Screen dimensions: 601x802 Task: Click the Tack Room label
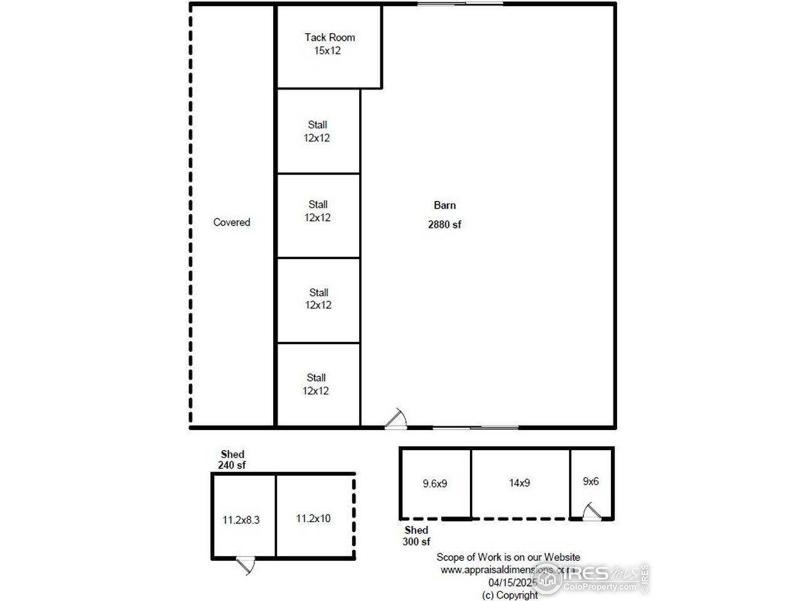[330, 38]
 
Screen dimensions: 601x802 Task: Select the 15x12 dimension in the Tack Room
[328, 51]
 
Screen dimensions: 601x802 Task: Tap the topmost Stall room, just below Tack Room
[318, 131]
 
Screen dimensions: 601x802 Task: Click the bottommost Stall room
[316, 384]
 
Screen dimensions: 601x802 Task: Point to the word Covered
[231, 222]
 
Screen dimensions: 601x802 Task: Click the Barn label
[445, 205]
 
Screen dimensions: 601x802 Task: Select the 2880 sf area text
[444, 225]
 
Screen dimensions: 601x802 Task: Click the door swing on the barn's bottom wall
[397, 419]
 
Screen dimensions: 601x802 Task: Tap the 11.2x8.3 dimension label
[241, 519]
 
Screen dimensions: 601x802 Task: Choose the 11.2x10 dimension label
[313, 518]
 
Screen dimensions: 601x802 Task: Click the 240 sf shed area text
[232, 465]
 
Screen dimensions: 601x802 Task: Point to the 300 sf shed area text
[416, 542]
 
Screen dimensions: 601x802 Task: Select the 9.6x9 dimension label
[435, 483]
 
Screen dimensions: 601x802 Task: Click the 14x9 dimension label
[519, 483]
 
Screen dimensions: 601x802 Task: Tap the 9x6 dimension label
[591, 481]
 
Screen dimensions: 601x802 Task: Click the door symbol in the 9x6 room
[591, 511]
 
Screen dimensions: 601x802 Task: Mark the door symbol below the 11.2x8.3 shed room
[245, 565]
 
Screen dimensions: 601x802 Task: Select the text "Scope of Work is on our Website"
[508, 557]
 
